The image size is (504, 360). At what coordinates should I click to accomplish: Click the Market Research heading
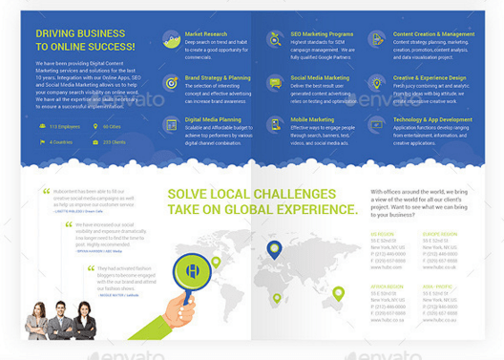(x=205, y=34)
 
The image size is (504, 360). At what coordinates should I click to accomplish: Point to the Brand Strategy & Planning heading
(x=218, y=76)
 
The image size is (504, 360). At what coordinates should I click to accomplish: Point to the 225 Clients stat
(x=114, y=141)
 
